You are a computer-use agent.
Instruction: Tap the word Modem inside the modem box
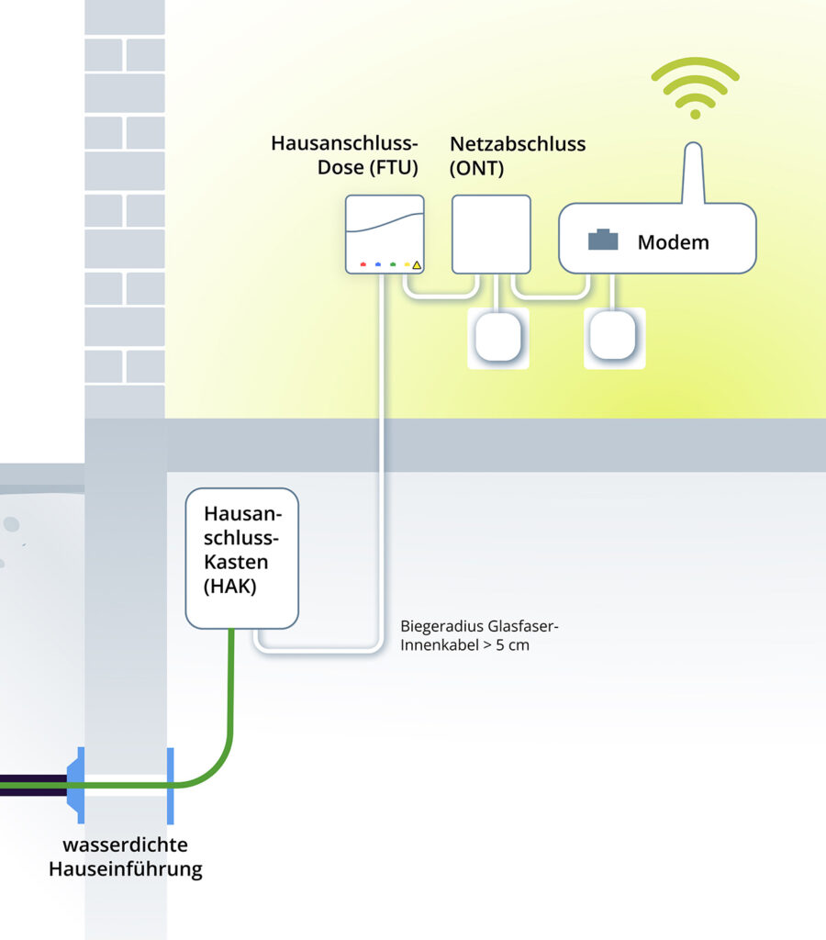tap(673, 242)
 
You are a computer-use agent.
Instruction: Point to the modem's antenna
tap(695, 172)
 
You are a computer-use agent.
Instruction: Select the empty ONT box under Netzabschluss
tap(491, 234)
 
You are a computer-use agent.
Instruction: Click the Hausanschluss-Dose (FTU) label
tap(344, 155)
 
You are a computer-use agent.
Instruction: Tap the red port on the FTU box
tap(363, 264)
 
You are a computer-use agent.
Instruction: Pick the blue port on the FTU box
tap(378, 264)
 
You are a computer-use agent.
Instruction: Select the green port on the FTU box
tap(393, 264)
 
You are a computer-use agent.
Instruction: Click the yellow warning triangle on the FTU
tap(417, 265)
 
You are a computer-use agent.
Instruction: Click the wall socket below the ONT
tap(498, 338)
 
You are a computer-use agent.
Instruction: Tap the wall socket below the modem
tap(614, 338)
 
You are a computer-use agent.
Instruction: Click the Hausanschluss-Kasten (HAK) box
tap(242, 558)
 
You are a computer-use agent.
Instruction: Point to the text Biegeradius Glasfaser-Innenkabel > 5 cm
tap(479, 635)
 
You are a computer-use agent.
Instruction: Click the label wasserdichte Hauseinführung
tap(125, 856)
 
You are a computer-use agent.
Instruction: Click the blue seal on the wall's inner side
tap(170, 785)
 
